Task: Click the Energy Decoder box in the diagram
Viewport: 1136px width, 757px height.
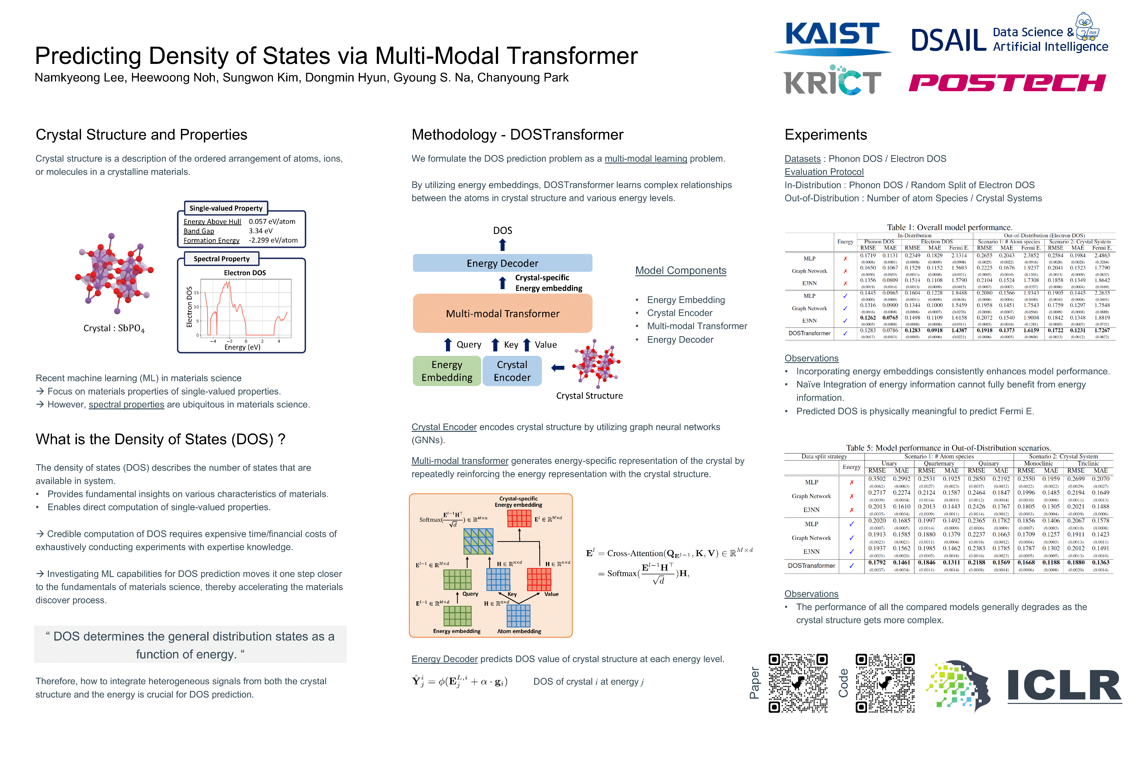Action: click(502, 263)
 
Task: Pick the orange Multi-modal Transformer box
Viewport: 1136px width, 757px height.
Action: click(502, 313)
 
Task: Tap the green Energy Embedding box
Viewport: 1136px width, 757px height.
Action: click(447, 371)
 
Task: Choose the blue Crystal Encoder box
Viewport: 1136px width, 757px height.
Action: click(512, 371)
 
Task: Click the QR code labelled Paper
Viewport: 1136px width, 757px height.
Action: click(798, 683)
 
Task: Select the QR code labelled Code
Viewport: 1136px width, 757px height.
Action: click(885, 683)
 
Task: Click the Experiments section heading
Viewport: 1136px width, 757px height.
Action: click(825, 135)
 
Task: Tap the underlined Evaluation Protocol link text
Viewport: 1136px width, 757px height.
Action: click(824, 172)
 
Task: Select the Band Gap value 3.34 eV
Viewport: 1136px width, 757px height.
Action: click(261, 231)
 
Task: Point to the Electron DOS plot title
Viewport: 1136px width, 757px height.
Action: click(245, 273)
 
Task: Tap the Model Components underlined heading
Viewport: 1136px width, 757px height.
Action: click(681, 270)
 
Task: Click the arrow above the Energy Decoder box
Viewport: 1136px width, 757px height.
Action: click(502, 245)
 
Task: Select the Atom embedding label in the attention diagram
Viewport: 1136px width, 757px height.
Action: click(519, 631)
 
